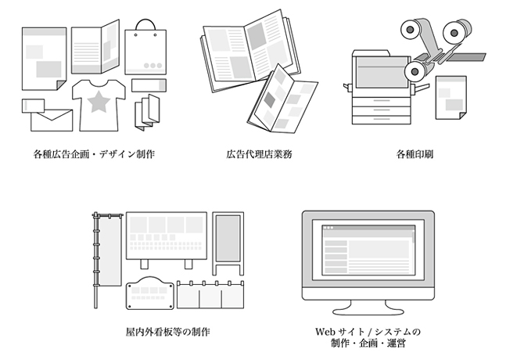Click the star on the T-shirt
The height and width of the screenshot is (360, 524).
click(97, 101)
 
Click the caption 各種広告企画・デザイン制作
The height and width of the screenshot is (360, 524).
click(93, 154)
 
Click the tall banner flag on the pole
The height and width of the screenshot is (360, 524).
click(107, 250)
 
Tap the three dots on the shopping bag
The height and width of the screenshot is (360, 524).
click(154, 65)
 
